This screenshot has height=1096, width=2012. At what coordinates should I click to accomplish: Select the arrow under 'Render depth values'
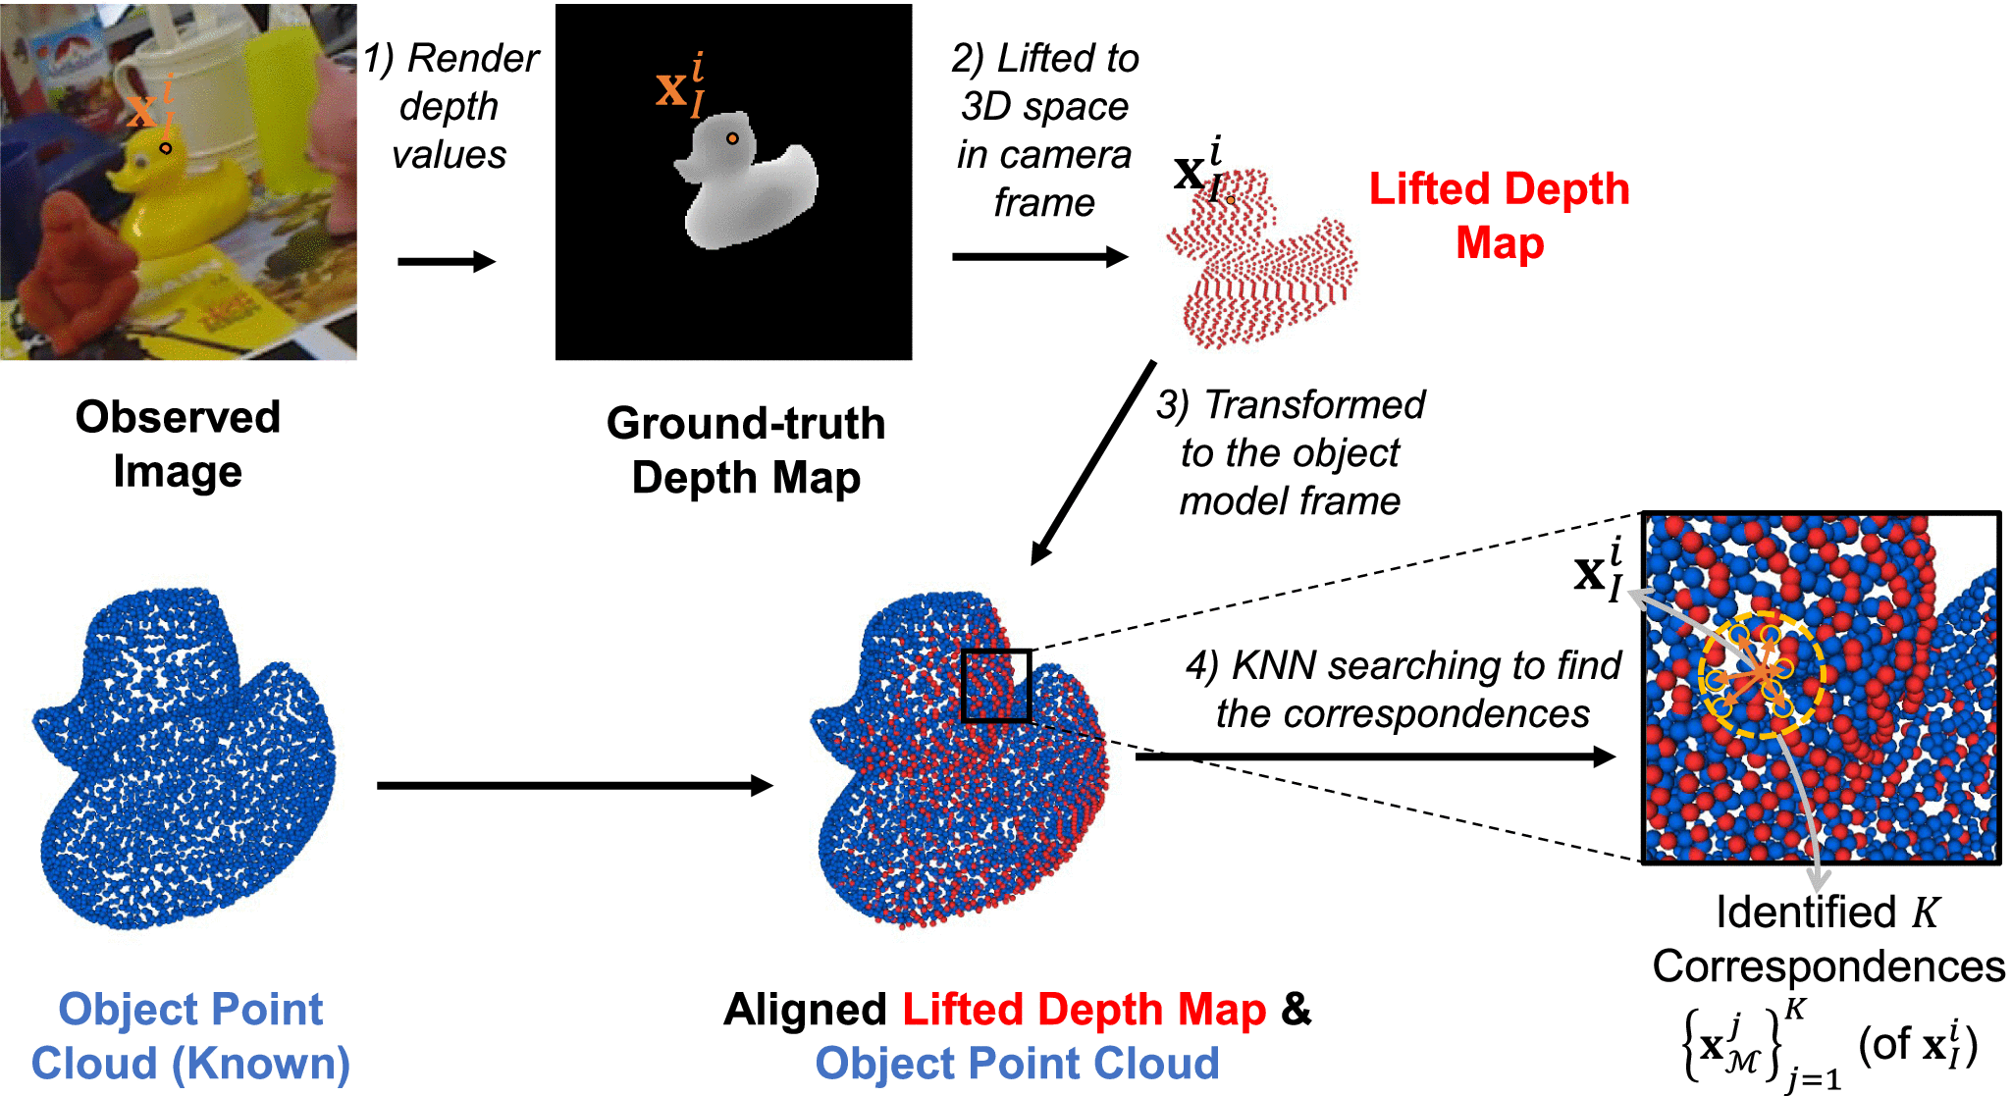(x=447, y=261)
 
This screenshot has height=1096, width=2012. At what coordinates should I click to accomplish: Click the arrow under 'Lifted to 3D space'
(x=1040, y=257)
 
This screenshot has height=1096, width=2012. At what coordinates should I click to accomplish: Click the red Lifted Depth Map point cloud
(x=1261, y=265)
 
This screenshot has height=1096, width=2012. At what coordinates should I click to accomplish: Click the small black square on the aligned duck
(x=995, y=685)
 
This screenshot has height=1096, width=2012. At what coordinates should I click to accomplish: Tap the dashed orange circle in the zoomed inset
(x=1762, y=675)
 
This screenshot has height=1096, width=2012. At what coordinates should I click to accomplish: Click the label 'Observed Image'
(x=178, y=444)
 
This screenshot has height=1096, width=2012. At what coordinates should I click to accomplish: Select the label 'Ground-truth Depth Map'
(x=746, y=450)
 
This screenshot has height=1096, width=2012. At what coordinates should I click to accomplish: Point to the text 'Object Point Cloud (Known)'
(x=190, y=1036)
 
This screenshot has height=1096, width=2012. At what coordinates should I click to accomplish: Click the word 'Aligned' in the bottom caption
(x=805, y=1010)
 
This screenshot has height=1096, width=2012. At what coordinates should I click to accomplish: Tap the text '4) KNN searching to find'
(x=1403, y=665)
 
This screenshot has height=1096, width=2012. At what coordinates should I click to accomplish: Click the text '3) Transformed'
(x=1291, y=404)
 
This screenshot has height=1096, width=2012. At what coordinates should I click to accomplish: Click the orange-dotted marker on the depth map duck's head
(x=732, y=139)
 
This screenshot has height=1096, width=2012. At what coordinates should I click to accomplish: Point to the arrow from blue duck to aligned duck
(x=574, y=785)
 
